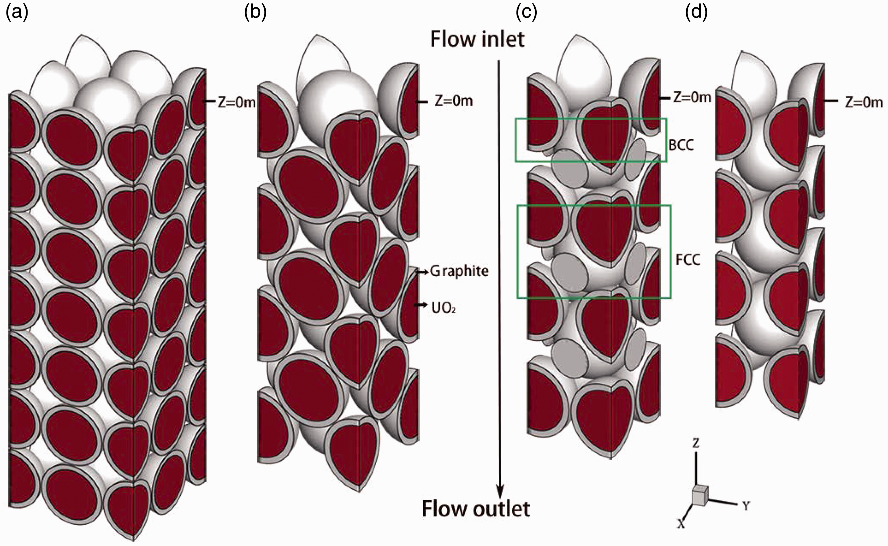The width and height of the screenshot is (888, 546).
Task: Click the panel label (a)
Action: click(17, 13)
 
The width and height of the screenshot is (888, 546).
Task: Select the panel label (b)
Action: click(255, 13)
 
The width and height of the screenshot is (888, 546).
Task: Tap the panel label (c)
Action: click(527, 13)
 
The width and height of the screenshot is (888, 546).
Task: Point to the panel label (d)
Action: click(696, 13)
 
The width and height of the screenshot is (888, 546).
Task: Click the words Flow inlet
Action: click(477, 39)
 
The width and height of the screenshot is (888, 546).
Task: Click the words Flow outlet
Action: click(476, 509)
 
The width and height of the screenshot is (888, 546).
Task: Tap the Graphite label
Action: click(459, 271)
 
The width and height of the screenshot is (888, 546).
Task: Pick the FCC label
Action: click(688, 260)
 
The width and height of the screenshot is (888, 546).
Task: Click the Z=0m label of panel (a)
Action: click(236, 103)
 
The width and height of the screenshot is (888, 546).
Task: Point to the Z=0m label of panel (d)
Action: click(864, 103)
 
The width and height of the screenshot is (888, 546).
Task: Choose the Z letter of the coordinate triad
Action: click(695, 442)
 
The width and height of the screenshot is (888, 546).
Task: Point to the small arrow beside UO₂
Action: click(421, 305)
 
